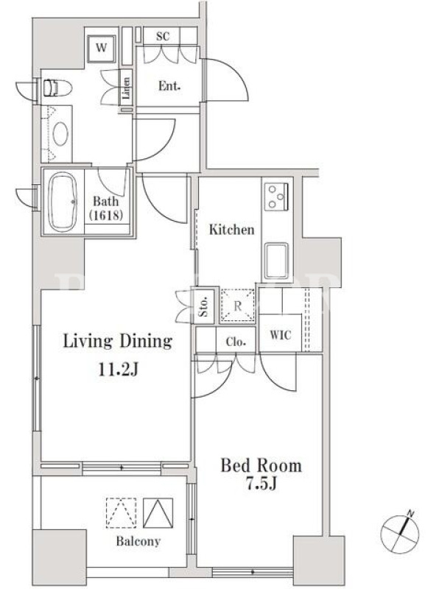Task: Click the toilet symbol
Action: coord(57,88)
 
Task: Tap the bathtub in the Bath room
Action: coord(63,202)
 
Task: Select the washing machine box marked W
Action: coord(101,49)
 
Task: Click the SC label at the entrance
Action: coord(163,36)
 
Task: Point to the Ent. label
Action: coord(169,86)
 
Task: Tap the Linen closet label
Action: coord(126,88)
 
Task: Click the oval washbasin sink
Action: coord(60,133)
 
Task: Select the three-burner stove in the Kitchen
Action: coord(276,197)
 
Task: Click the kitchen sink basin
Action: coord(276,261)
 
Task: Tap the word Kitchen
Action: coord(231,229)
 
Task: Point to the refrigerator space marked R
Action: coord(237,306)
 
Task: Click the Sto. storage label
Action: coord(204,306)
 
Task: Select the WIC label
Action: coord(281,335)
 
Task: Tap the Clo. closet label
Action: coord(236,342)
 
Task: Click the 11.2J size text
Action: coord(119,370)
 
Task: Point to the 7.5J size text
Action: coord(262,484)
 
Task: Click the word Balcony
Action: coord(138,541)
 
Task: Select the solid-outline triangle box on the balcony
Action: coord(158,513)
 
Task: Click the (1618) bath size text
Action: coord(106,215)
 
